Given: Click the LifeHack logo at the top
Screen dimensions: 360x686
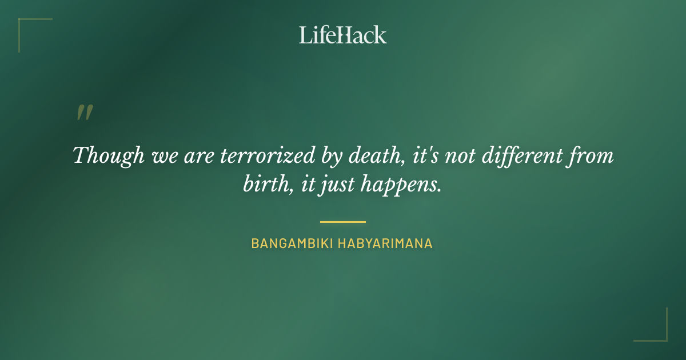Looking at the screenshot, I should [x=343, y=35].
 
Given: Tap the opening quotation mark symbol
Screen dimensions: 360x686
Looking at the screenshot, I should [x=85, y=113].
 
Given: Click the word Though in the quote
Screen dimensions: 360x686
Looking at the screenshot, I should [x=109, y=156].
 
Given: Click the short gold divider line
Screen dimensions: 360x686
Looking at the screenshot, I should [x=343, y=222].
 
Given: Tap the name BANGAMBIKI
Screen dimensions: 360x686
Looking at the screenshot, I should [x=290, y=243].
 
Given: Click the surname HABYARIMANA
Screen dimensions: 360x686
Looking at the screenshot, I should [x=385, y=243].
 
